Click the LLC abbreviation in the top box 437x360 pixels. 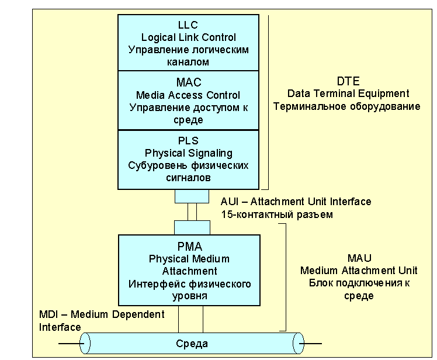point(188,25)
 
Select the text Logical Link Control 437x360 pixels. point(188,37)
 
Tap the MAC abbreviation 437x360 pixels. point(188,83)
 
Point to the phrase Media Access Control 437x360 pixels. point(188,95)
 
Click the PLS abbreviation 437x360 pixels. point(188,141)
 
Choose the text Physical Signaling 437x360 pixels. point(188,153)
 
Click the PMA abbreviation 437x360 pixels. point(188,246)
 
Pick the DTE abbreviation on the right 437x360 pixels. point(348,81)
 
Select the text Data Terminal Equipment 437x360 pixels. point(348,94)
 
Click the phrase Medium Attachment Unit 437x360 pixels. point(359,270)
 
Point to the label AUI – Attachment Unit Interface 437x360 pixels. point(296,202)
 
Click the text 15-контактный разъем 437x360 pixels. point(276,214)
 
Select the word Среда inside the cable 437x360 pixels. point(192,343)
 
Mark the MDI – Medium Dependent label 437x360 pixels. point(102,314)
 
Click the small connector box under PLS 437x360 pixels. point(192,196)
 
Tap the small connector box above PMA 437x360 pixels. point(192,227)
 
